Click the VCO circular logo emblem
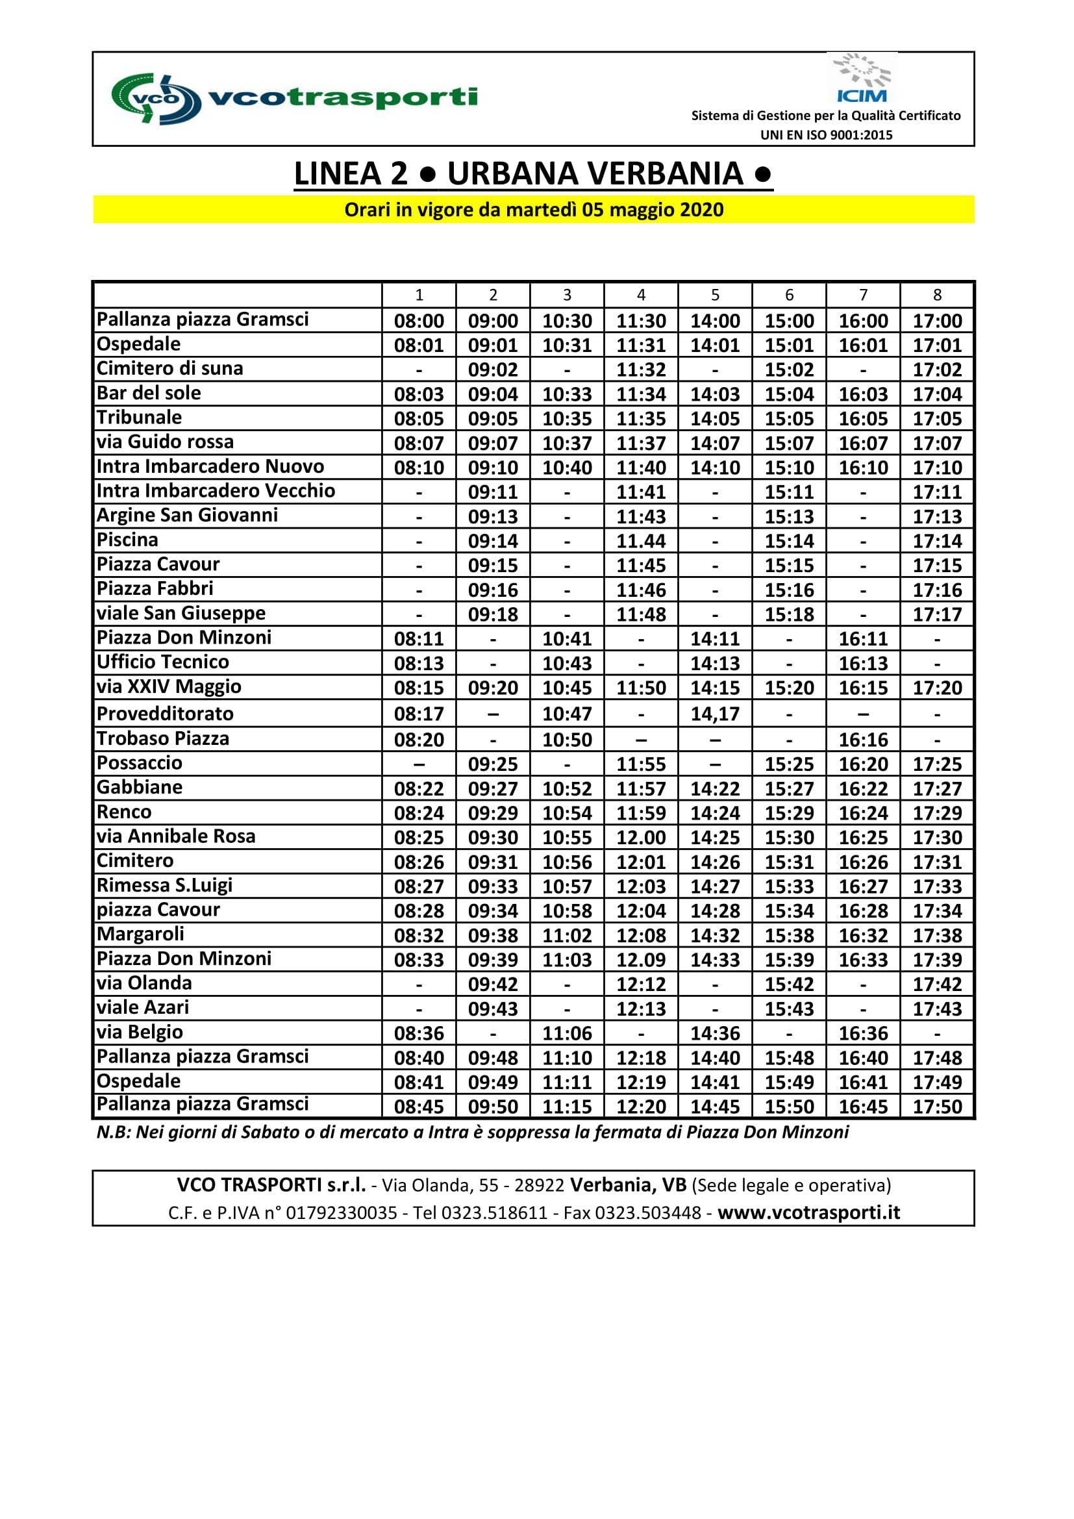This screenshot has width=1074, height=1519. click(156, 99)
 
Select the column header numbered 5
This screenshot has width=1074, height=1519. click(715, 295)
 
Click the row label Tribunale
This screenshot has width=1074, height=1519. click(139, 418)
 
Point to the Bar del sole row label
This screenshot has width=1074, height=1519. click(149, 393)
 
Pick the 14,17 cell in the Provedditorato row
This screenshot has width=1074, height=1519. click(715, 714)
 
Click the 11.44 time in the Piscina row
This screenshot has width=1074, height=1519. click(641, 541)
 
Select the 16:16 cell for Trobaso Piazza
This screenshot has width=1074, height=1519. click(863, 740)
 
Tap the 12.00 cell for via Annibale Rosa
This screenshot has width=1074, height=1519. click(641, 838)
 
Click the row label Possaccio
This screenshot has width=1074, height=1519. click(139, 763)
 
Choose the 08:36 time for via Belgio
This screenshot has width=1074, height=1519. click(419, 1033)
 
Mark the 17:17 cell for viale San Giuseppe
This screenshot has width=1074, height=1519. click(937, 614)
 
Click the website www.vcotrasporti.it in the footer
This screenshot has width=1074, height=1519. click(809, 1212)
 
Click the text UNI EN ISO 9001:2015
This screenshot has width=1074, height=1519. click(826, 135)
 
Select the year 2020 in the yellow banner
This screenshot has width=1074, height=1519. click(702, 210)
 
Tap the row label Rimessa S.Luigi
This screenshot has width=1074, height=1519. click(164, 885)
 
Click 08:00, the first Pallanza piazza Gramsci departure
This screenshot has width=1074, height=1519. click(419, 321)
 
